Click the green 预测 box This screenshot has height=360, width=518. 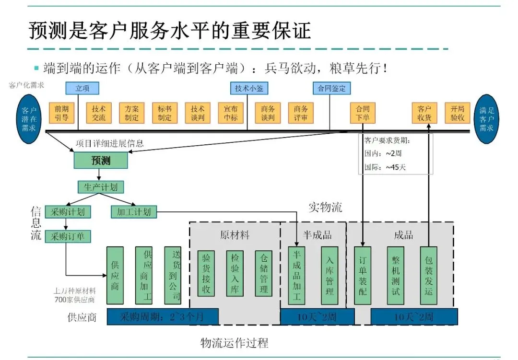coord(101,160)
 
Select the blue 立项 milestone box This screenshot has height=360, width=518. coord(82,88)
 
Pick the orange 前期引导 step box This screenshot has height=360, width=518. coord(61,113)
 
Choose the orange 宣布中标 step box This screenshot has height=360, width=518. coord(231,113)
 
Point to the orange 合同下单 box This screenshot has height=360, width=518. coord(363,113)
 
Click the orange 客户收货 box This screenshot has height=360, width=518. coord(424,113)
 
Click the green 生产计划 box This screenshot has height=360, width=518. coord(101,187)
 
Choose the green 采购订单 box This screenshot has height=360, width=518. coord(68,236)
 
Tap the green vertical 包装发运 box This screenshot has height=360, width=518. coord(428,276)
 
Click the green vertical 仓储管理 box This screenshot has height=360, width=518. coord(263,276)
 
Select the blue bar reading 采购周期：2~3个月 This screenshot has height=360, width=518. coord(163,316)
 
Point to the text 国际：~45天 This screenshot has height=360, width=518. coord(386,168)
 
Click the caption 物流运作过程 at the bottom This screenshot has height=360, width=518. coord(234,343)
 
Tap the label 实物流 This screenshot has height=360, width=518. coord(325,207)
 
